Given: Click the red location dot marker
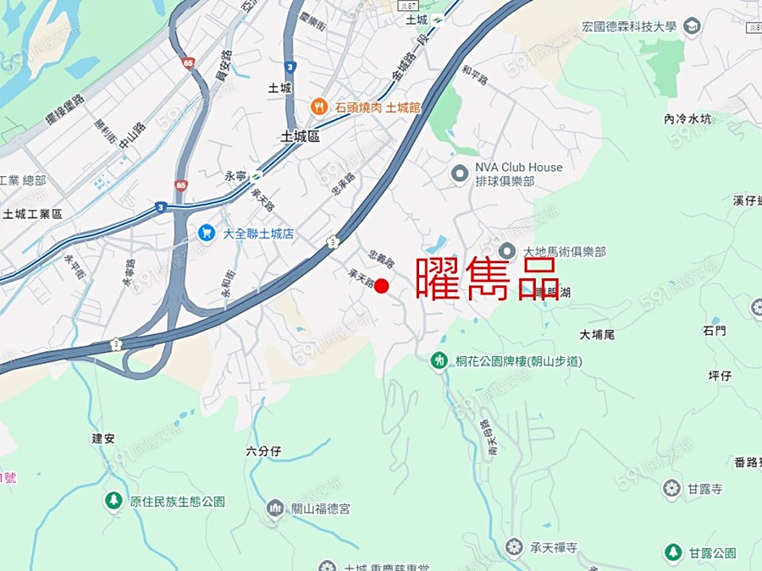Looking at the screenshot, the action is (382, 286).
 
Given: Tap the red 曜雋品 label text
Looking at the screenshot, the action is (488, 278).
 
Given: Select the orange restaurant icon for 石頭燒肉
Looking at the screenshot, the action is (319, 107).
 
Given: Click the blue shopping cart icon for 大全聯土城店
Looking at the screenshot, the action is (207, 232).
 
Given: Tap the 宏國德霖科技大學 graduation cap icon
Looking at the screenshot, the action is (692, 26).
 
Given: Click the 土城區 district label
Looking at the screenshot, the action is (301, 136).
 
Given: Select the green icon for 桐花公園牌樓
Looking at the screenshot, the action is (439, 361).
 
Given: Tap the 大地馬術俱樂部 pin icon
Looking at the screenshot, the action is (507, 251).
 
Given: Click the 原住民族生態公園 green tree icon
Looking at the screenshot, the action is (113, 501).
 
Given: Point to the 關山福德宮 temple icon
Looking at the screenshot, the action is (275, 508).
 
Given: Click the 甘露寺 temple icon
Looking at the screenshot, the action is (671, 489).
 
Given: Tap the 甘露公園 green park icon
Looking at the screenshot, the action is (673, 552).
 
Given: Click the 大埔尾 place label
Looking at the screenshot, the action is (597, 334).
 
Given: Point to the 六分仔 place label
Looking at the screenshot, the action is (263, 452).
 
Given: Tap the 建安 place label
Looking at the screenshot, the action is (102, 438).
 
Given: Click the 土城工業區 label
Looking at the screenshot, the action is (33, 214).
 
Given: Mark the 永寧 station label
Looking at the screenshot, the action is (235, 177).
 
